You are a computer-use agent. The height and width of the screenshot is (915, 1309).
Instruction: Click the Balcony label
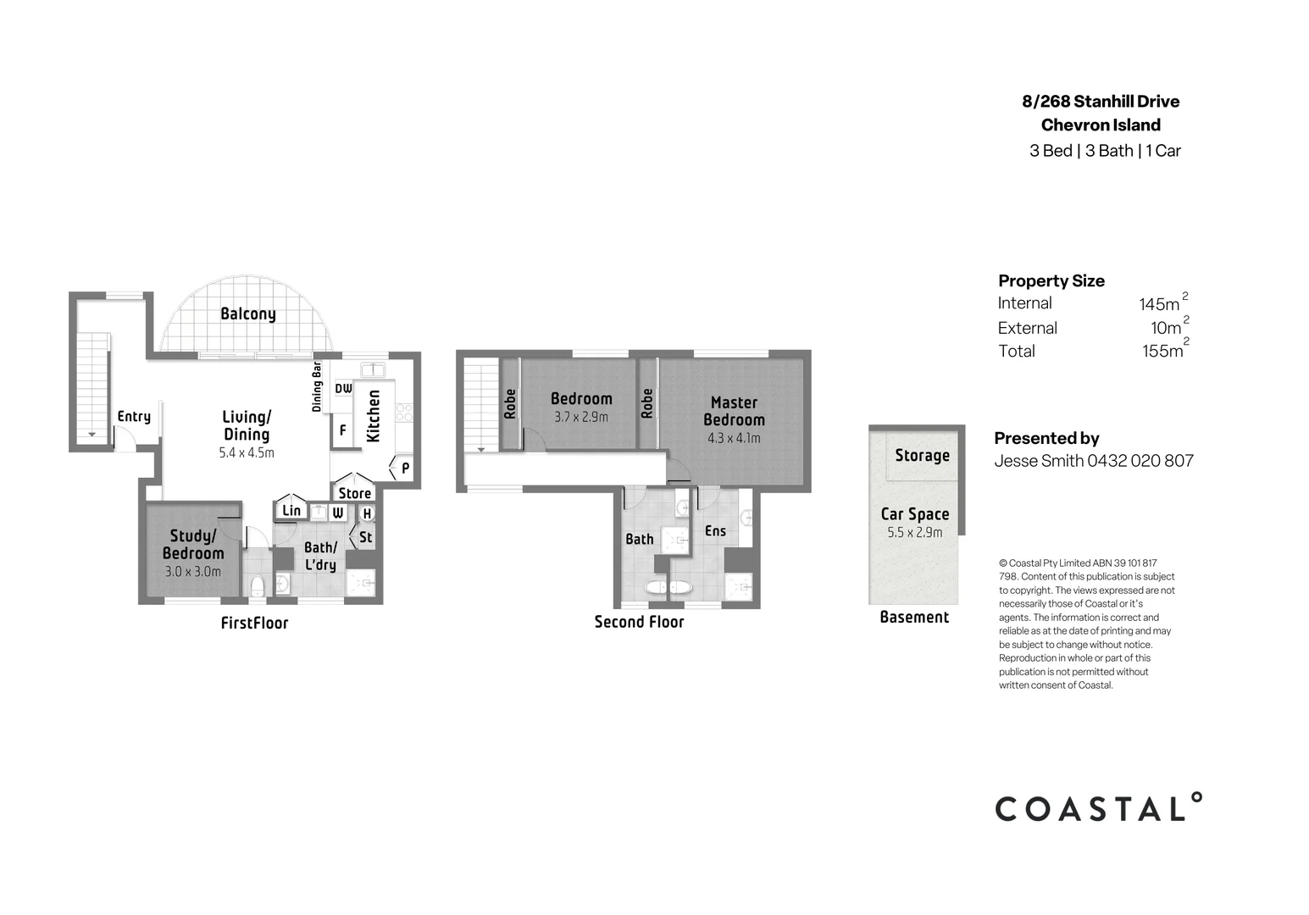248,314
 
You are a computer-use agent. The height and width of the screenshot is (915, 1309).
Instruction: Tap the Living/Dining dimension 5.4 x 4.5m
247,453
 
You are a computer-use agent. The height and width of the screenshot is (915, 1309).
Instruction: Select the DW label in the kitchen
343,389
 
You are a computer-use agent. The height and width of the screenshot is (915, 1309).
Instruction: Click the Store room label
355,494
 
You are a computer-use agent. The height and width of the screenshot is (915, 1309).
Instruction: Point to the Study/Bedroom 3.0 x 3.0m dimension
193,572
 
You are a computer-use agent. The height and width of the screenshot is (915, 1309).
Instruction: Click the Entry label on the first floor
134,417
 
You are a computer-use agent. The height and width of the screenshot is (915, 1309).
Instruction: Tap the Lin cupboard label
291,510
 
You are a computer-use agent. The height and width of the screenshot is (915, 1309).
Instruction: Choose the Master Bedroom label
734,411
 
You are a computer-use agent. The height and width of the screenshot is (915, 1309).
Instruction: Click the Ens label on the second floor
715,531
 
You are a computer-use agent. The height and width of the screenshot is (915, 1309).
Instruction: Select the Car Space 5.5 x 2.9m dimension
915,533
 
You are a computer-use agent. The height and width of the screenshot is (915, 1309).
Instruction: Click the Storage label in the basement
922,456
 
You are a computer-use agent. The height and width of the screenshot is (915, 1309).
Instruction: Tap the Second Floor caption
639,622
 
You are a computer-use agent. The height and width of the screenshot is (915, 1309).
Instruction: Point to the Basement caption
914,618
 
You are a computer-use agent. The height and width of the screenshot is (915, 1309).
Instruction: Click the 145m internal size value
1159,304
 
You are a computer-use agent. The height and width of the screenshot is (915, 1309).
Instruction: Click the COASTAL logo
1098,808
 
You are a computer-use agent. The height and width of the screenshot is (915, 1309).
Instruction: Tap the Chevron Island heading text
1101,125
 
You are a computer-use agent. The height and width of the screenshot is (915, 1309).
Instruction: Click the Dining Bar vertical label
317,386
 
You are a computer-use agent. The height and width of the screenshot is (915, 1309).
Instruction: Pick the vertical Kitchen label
373,416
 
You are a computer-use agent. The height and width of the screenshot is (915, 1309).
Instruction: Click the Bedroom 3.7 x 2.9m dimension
581,417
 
